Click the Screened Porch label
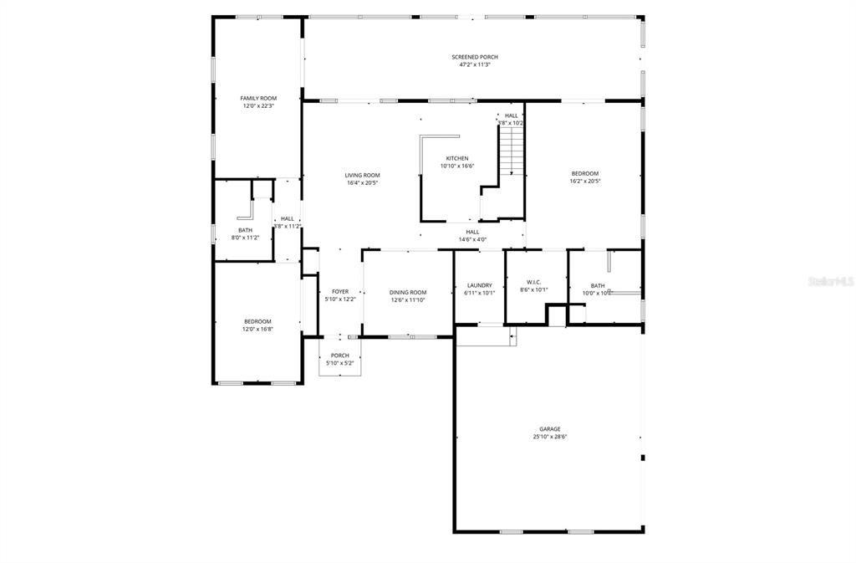pos(474,57)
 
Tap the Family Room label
pos(258,99)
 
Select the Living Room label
pos(362,175)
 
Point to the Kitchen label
pos(456,158)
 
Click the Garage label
pos(549,429)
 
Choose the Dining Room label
pos(408,292)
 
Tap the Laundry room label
pos(480,285)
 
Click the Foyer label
pos(339,292)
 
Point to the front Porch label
pos(339,356)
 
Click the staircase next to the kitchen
pos(511,151)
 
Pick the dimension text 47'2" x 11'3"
pos(474,64)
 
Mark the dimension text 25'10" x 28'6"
pos(549,437)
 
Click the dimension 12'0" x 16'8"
pos(257,329)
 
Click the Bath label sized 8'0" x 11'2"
pos(245,230)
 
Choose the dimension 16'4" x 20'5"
pos(362,182)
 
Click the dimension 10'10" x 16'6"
pos(456,166)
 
